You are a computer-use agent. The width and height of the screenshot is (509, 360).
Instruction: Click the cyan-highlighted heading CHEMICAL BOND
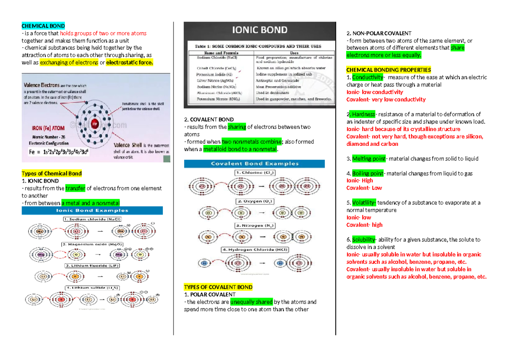click(x=43, y=26)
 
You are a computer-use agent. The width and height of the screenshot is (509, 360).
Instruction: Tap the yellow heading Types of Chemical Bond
click(x=51, y=173)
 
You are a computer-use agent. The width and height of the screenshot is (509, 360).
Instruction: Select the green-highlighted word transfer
click(x=76, y=188)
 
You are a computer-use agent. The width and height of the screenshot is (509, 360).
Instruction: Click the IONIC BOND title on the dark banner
click(x=260, y=30)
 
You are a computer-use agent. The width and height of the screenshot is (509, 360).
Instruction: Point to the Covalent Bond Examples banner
click(x=255, y=163)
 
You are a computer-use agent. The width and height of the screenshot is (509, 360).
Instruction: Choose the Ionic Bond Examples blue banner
click(x=92, y=210)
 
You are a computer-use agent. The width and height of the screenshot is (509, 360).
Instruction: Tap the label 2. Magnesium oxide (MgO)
click(x=92, y=244)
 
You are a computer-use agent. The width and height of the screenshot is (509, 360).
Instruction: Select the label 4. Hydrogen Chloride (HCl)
click(x=255, y=250)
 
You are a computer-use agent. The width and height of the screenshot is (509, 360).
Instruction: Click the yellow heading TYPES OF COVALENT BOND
click(x=218, y=287)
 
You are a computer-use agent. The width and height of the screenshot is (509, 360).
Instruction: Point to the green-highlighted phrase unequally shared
click(x=251, y=302)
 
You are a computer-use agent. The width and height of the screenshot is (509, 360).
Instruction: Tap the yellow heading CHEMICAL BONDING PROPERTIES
click(x=389, y=70)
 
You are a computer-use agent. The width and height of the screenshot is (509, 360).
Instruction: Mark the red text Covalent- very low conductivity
click(x=386, y=100)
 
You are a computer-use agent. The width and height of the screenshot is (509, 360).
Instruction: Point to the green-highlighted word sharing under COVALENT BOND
click(x=237, y=127)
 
